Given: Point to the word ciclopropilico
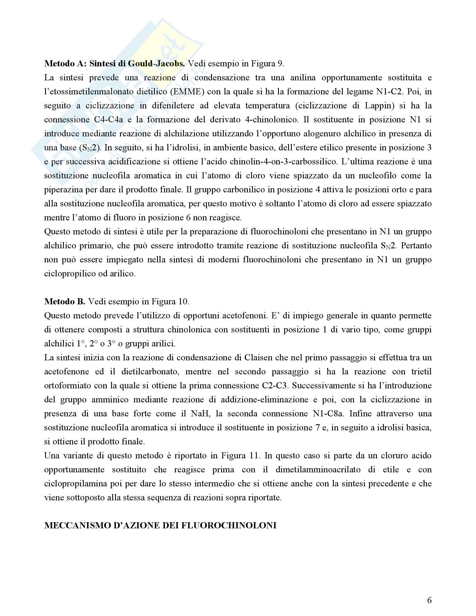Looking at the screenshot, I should [x=69, y=273].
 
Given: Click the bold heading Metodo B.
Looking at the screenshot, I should [x=65, y=302].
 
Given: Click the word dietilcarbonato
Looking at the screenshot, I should [x=151, y=372].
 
